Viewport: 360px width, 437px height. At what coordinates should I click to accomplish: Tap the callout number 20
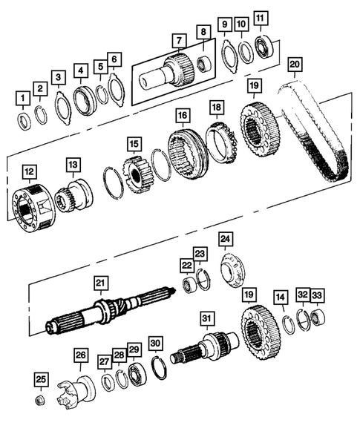click(x=295, y=65)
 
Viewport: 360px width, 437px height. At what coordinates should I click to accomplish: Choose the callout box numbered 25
click(x=42, y=381)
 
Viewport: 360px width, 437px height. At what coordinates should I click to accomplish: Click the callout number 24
click(x=225, y=238)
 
